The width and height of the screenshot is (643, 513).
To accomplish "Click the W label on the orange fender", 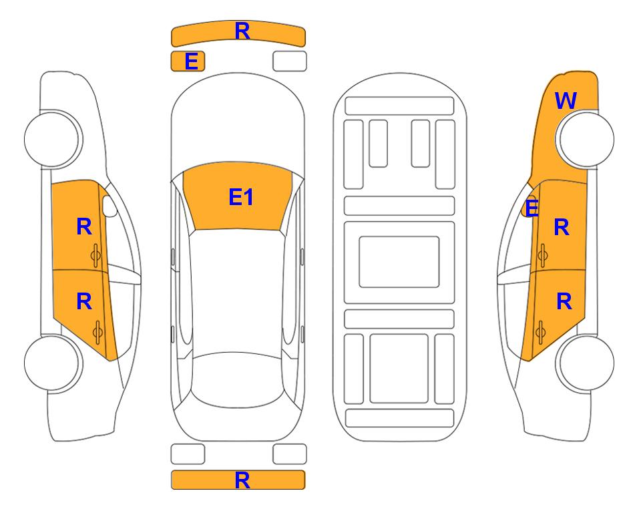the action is [x=566, y=101].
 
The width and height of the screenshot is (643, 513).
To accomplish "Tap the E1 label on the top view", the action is [x=241, y=197].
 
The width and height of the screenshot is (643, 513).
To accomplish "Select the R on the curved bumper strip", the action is [x=242, y=31].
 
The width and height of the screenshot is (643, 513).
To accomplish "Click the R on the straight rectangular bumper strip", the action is [x=242, y=480].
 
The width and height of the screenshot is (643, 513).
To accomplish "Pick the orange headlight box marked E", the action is [x=188, y=61].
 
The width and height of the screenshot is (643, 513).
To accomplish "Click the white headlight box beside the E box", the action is [x=290, y=61].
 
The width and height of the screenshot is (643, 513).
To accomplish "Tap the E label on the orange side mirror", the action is [x=531, y=208].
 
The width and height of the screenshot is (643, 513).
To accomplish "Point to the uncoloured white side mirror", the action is [x=109, y=206].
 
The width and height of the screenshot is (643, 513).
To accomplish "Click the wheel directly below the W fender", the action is [x=584, y=140].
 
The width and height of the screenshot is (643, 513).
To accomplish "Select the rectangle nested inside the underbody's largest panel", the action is [x=399, y=262].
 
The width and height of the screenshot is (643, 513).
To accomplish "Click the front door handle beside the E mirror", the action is [x=542, y=255].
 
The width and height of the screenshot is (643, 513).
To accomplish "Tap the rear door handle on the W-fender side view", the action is [x=540, y=333].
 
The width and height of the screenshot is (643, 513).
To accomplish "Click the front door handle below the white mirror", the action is [x=96, y=255].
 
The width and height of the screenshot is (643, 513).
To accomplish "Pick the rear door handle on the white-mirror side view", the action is [x=97, y=333].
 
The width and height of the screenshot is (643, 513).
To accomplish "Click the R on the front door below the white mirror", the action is [x=84, y=226].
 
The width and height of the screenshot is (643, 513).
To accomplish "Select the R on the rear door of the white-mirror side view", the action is [x=84, y=302].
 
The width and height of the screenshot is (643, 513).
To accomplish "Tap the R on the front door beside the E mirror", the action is [x=562, y=227].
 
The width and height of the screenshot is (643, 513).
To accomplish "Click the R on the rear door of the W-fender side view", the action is [x=564, y=302].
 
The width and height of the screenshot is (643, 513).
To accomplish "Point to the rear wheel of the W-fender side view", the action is [x=584, y=363].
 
